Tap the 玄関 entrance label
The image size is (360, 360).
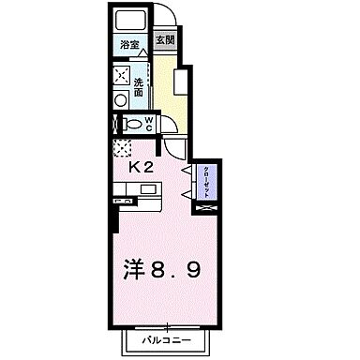[x=165, y=40]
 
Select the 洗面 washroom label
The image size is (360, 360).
[x=138, y=86]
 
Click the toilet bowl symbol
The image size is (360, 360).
[x=132, y=123]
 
